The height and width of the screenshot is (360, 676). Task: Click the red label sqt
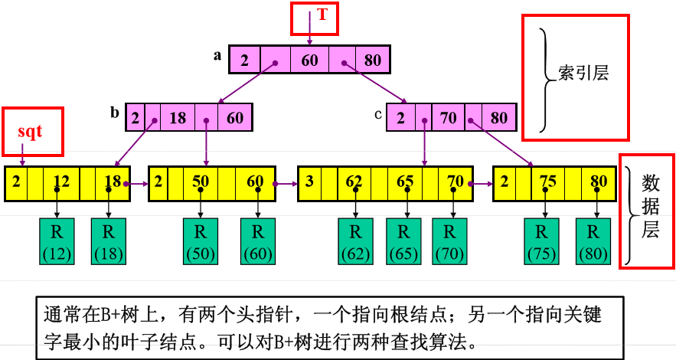tap(30, 130)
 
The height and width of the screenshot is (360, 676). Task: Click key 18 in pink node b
tap(178, 117)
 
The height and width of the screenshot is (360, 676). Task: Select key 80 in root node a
tap(372, 59)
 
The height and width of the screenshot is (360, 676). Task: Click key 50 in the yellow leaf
tap(201, 182)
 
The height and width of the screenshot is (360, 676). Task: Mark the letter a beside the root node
tap(217, 55)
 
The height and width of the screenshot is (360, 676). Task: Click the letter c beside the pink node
tap(377, 114)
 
